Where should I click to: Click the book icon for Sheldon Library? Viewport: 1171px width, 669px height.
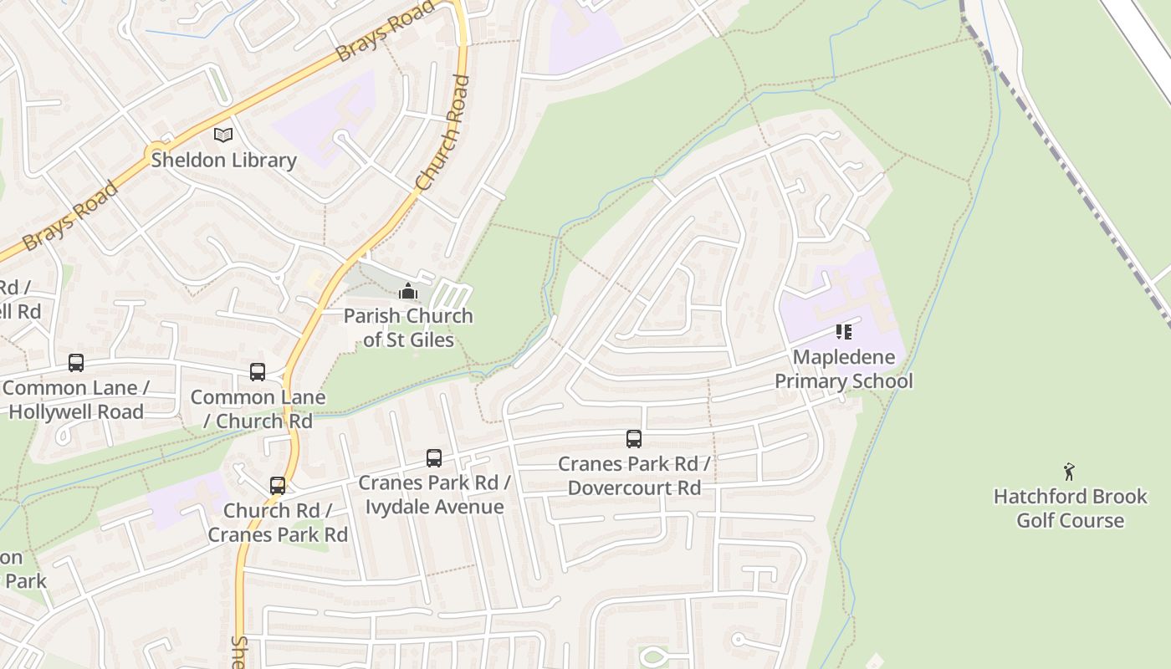pos(223,135)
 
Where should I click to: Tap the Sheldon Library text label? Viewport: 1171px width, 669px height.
pos(223,161)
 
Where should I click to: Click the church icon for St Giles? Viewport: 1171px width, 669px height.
pos(408,291)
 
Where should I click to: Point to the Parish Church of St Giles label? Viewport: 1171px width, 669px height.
pos(408,328)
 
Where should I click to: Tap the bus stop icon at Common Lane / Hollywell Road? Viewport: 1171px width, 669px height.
pos(76,363)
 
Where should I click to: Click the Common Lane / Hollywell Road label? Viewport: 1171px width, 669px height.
pos(76,400)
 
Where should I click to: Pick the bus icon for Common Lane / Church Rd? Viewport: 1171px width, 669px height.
pos(258,372)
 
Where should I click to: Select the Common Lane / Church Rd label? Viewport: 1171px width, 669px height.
pos(258,409)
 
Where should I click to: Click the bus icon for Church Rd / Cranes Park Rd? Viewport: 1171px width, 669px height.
pos(278,486)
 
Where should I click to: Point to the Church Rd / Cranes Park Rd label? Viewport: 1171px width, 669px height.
pos(278,522)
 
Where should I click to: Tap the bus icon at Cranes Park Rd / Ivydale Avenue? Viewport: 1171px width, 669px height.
pos(434,458)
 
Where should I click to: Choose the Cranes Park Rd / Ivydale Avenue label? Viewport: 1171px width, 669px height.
pos(434,495)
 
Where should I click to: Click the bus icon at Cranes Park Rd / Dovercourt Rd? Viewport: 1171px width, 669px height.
pos(634,439)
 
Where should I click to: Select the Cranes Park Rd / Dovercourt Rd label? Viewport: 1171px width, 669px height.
pos(634,476)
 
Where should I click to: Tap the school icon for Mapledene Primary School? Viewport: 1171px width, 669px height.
pos(844,332)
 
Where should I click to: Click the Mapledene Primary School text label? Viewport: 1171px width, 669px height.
pos(844,369)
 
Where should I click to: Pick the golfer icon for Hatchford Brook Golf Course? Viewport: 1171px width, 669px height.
pos(1069,472)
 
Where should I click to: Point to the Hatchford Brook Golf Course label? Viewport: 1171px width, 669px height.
pos(1070,508)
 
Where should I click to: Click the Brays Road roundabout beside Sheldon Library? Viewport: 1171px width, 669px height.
pos(156,154)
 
